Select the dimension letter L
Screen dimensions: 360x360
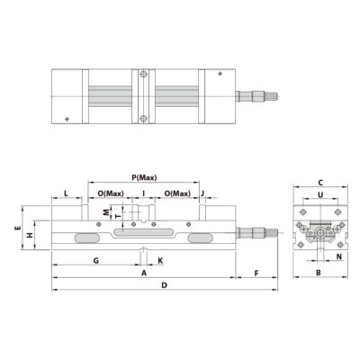(x=67, y=193)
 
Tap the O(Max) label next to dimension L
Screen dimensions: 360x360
(x=109, y=193)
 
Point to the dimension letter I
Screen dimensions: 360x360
(x=143, y=193)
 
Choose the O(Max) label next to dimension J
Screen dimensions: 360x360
(x=175, y=193)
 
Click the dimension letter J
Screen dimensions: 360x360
(x=204, y=193)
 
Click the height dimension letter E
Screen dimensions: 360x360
(x=19, y=228)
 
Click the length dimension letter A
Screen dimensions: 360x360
(x=144, y=272)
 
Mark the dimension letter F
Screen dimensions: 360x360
(x=257, y=272)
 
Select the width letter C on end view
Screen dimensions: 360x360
(x=319, y=182)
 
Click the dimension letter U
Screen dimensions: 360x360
(x=319, y=194)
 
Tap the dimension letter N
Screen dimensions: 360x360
(x=337, y=256)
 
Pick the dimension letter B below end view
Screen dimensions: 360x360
(x=319, y=272)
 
